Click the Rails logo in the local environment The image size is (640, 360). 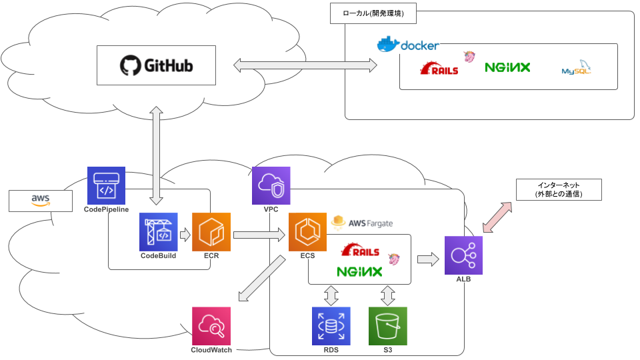pos(439,68)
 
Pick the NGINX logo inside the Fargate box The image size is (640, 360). pos(359,271)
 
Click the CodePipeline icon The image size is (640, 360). pos(106,185)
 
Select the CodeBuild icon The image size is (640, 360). pos(158,232)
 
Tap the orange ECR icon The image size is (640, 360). pos(211,232)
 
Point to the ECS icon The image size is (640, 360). pos(307,232)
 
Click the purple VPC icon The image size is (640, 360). pos(271,185)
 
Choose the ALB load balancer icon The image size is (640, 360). pos(464,255)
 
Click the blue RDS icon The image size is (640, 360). pos(331,326)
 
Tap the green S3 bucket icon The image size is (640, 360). pos(388,326)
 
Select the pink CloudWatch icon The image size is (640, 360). pos(211,326)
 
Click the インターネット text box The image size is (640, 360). pos(559,190)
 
